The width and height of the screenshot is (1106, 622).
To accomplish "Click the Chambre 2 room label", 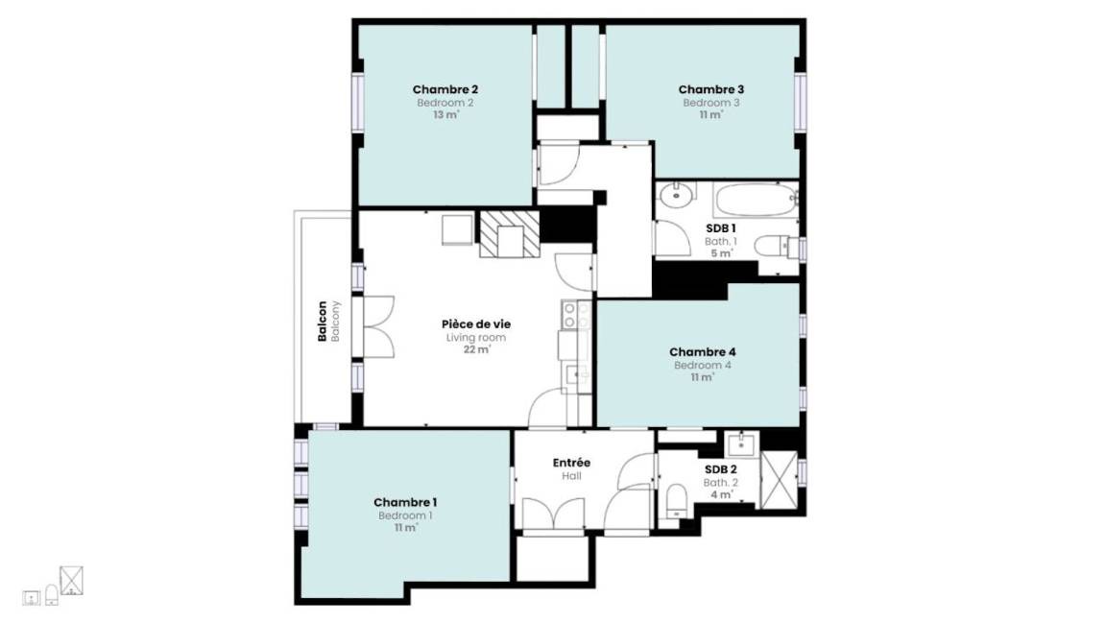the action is pos(445,89).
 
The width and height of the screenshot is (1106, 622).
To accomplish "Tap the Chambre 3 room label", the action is pos(711,89).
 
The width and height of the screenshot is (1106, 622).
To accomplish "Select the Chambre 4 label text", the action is pos(703,352).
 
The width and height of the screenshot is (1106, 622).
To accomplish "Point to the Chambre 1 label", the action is pos(405,502).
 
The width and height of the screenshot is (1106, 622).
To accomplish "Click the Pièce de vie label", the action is pos(476,324).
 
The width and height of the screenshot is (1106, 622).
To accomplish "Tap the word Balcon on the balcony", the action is pos(323,322).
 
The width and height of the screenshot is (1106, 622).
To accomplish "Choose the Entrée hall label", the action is pos(571,463).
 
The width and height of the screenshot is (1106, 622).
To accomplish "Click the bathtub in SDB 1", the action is pos(755,201).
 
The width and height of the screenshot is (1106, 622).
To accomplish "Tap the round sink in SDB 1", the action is pos(677,193).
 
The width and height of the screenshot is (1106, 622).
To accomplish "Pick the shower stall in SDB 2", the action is pos(780,480).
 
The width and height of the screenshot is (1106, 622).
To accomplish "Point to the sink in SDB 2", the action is pos(741,444).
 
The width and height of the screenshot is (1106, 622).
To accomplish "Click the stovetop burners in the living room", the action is pos(576,315).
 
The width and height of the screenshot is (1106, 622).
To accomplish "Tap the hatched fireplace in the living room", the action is pos(509,234).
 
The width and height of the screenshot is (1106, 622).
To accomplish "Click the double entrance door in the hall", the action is pos(554,514).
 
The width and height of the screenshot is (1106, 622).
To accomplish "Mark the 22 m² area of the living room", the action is pos(476,349).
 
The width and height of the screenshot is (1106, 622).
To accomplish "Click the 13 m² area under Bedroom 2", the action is pos(445,115).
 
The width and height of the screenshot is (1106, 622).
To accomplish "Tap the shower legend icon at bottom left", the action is pos(71,581).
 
